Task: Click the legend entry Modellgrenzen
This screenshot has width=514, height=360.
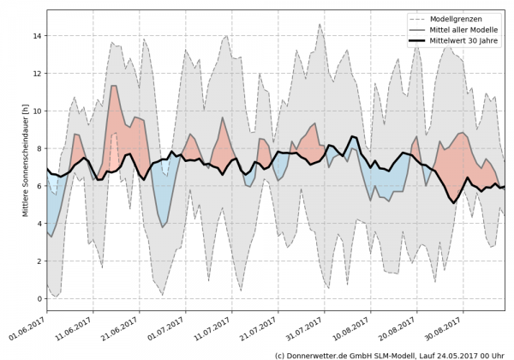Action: (468, 18)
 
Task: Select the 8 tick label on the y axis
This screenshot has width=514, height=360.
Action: (37, 148)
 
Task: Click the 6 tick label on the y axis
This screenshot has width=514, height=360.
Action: (37, 186)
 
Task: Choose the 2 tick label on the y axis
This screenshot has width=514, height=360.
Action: (37, 261)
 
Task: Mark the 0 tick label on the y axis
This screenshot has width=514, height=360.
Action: (37, 298)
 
